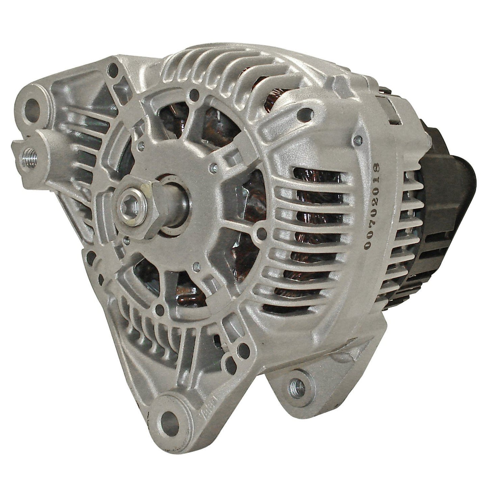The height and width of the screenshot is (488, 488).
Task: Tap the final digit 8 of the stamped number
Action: (x=374, y=167)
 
